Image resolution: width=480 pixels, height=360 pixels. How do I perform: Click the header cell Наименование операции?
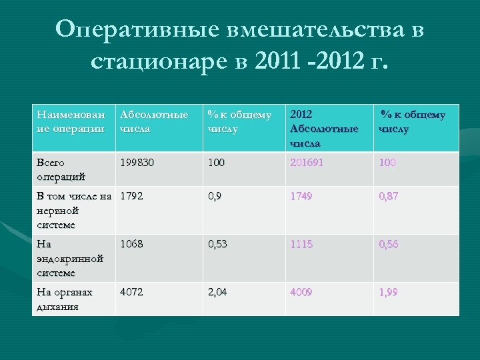click(71, 121)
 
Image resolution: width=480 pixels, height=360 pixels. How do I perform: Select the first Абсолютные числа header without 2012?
click(153, 121)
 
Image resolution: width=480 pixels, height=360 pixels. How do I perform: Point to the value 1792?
click(132, 197)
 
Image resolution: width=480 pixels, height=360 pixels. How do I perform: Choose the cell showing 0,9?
click(215, 197)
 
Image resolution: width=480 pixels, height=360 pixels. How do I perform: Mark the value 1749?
click(301, 197)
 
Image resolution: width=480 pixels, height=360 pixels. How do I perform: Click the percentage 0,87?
click(389, 197)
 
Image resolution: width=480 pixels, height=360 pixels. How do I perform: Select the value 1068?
click(132, 245)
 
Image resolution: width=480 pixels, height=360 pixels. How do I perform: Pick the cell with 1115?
click(301, 245)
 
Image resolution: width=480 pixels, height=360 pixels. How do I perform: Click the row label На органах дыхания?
click(65, 299)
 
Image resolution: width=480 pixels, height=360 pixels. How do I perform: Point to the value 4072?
click(132, 292)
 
